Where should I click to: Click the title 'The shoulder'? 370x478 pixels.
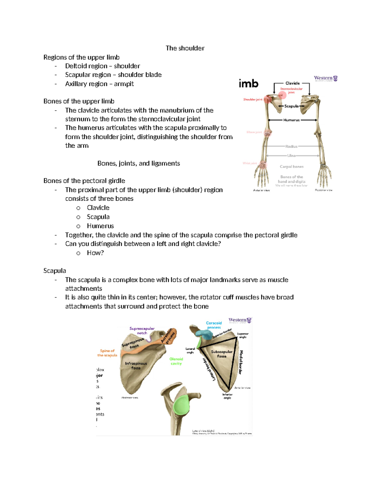coord(185,48)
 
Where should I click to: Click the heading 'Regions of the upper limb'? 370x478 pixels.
coord(81,58)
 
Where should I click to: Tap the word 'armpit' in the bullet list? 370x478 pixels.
coord(124,84)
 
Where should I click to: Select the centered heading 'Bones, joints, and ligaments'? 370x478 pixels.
coord(138,163)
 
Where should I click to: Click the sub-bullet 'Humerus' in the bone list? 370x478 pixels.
coord(100,226)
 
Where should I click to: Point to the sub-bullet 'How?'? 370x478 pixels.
coord(95,253)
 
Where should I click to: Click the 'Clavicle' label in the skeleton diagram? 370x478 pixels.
coord(292,83)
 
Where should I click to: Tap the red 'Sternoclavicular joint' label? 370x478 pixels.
coord(291,90)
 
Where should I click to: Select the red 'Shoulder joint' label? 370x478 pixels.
coord(253,99)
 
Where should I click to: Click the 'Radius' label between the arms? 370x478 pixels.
coord(291,147)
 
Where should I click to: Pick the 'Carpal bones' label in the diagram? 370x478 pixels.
coord(291,167)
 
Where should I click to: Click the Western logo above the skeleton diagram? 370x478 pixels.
coord(326,78)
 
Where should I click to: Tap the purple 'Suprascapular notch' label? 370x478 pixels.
coord(142,331)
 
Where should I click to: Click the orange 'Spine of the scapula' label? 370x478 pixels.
coord(107,353)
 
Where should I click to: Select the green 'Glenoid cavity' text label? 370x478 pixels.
coord(176,361)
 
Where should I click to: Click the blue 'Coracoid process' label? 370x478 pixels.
coord(214,325)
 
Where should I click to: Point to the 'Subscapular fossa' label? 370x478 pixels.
coord(222,354)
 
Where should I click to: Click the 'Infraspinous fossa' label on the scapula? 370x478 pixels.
coord(136,366)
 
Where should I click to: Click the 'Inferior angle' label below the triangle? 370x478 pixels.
coord(227,396)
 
